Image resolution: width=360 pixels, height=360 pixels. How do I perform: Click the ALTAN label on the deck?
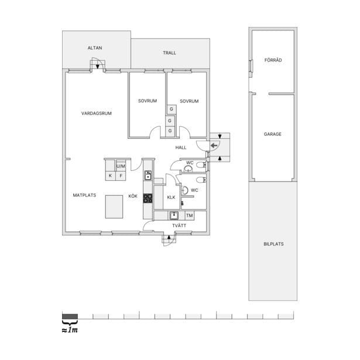[95, 48]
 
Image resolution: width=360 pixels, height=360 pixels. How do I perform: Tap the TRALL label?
[169, 53]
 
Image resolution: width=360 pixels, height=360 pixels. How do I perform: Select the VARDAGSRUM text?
[97, 113]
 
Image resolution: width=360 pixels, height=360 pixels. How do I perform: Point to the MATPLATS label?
[84, 195]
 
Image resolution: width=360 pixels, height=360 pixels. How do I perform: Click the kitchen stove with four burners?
[148, 198]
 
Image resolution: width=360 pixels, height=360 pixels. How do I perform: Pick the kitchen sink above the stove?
[148, 175]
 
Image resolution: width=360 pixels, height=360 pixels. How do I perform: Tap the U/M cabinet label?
[121, 166]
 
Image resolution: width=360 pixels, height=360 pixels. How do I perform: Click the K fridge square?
[111, 176]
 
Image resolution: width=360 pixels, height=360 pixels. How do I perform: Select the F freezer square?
[121, 176]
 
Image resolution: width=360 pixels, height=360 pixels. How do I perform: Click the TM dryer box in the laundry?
[190, 215]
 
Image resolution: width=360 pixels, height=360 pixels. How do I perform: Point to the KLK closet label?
[172, 197]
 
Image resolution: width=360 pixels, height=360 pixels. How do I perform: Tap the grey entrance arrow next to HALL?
[214, 145]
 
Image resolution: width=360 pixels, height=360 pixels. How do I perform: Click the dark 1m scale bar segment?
[70, 316]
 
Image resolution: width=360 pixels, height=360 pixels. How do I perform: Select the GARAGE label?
[273, 134]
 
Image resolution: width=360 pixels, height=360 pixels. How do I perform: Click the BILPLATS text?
[273, 244]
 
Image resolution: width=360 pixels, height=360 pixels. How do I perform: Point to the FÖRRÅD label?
[273, 60]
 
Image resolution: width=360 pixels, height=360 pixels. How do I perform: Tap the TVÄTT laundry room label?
[179, 226]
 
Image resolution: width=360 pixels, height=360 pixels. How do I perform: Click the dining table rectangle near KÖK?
[114, 207]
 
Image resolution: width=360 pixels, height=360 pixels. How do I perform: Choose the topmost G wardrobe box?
[172, 109]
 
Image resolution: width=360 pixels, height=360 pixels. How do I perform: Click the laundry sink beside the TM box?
[174, 215]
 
